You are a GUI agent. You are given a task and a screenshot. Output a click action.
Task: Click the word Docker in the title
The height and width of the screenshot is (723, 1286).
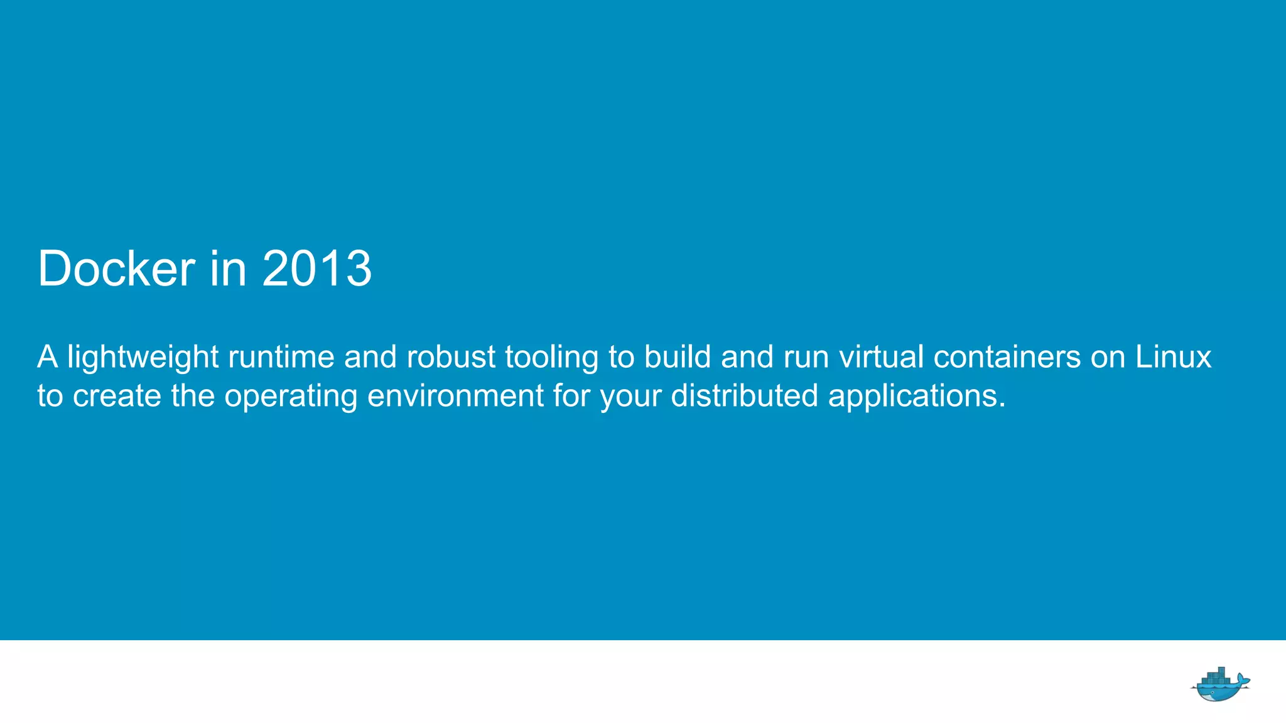pos(116,269)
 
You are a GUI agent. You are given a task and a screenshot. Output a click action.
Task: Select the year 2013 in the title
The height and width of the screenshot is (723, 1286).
pos(316,269)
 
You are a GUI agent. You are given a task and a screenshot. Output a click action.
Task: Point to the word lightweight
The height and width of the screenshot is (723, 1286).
pos(143,358)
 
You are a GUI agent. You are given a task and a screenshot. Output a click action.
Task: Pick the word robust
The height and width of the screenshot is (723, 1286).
pos(451,356)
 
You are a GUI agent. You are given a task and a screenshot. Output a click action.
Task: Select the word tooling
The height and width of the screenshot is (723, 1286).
pos(551,358)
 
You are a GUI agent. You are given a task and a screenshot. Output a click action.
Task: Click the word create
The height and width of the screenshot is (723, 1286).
pos(117,396)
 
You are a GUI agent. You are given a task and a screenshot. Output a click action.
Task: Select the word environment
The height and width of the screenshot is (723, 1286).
pos(455,396)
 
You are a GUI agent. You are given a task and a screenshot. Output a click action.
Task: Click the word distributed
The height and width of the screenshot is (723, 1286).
pos(744,396)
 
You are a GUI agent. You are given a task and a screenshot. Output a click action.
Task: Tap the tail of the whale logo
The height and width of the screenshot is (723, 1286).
pos(1243,679)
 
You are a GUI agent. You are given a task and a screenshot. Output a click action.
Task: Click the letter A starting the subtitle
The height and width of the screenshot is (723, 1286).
pos(48,356)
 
